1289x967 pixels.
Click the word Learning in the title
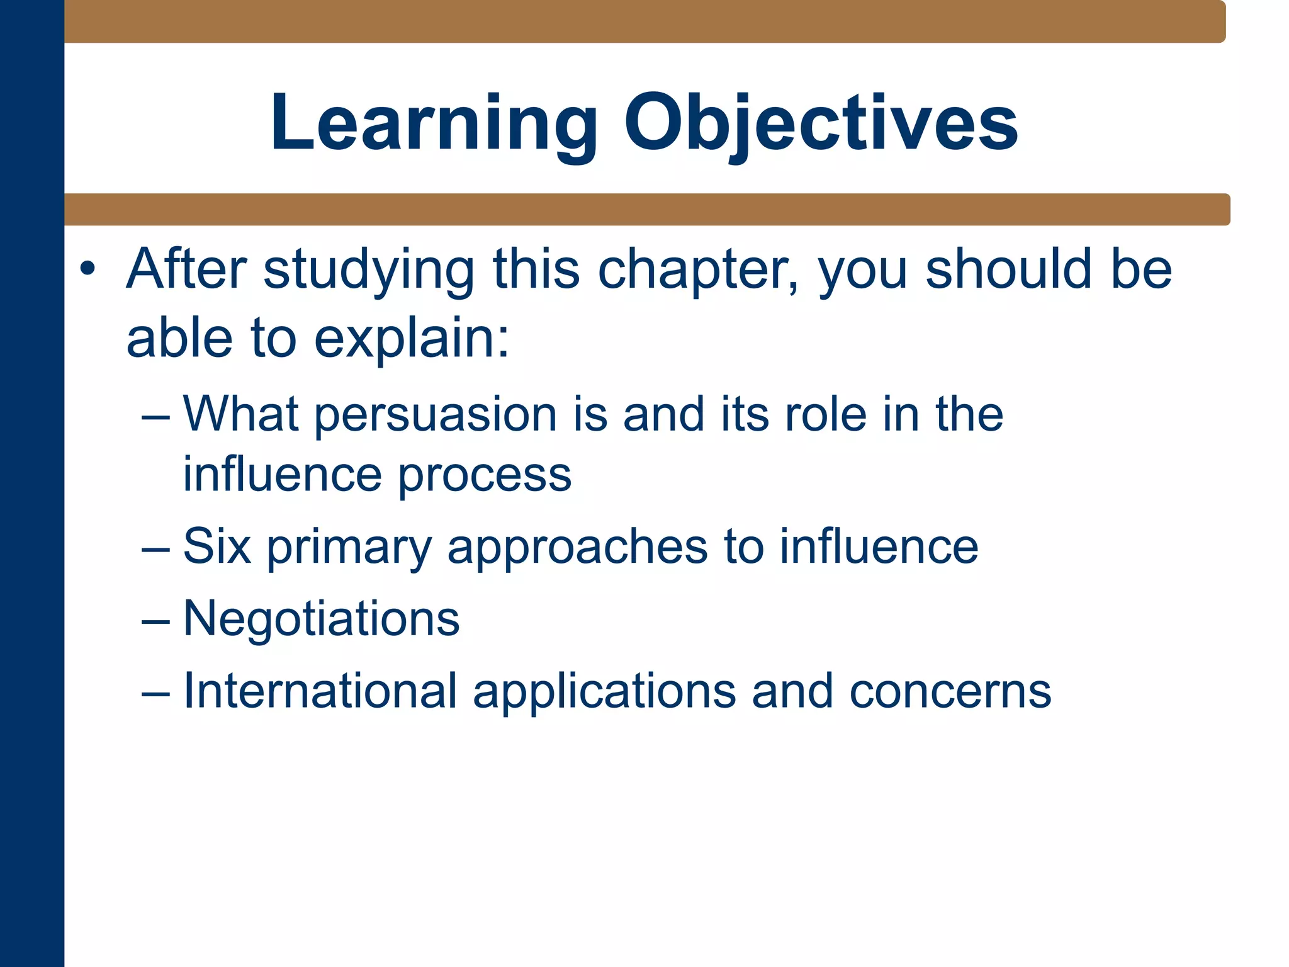click(434, 123)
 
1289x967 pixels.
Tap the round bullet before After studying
click(87, 269)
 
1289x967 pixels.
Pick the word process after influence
click(485, 475)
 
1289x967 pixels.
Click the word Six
click(217, 546)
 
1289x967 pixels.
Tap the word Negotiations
click(321, 619)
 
